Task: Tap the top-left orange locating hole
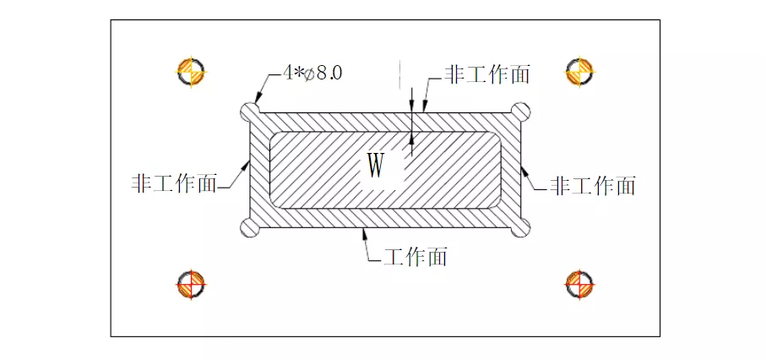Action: (x=191, y=71)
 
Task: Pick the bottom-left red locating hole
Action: (x=191, y=285)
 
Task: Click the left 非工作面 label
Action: (x=173, y=183)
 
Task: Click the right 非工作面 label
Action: (x=593, y=185)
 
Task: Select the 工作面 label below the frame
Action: (x=416, y=256)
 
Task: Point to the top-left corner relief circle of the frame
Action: (x=251, y=112)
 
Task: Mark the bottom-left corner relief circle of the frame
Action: (x=251, y=226)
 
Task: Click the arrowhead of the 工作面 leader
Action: (x=363, y=232)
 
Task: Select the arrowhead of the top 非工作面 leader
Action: (x=424, y=107)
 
